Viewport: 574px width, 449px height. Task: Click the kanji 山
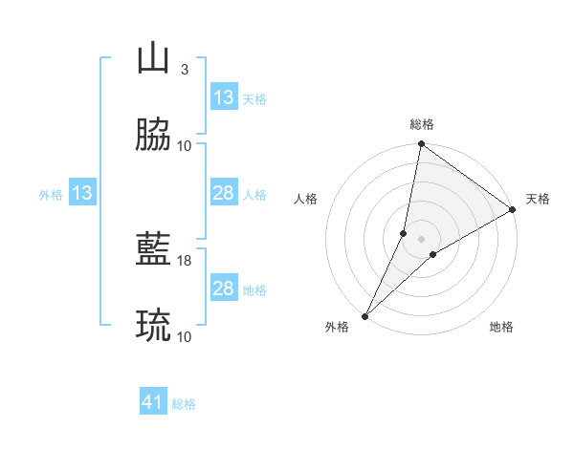pos(154,58)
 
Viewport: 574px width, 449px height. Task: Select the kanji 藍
pos(154,249)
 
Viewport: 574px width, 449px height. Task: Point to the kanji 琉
pos(154,326)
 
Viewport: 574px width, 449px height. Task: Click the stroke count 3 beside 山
pos(184,70)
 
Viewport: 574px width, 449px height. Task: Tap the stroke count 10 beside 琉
pos(185,337)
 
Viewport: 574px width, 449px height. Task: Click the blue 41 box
pos(154,403)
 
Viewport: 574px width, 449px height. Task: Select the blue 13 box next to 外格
pos(82,194)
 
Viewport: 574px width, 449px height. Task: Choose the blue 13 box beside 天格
pos(224,97)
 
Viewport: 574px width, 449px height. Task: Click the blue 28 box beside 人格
pos(224,194)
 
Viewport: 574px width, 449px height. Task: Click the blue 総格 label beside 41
pos(184,404)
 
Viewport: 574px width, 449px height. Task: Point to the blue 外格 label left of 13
pos(51,195)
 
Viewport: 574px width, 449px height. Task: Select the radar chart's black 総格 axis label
pos(422,124)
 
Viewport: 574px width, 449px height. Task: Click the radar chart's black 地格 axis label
pos(501,328)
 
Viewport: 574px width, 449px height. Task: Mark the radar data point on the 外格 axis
pos(364,316)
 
